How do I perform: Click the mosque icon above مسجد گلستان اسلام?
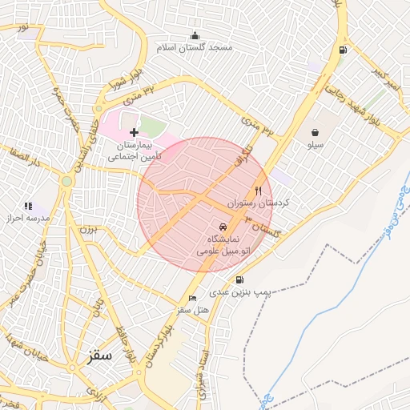click(x=195, y=35)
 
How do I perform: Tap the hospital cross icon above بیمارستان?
click(x=134, y=131)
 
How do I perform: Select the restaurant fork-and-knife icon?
click(x=258, y=191)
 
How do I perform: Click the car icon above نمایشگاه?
click(x=223, y=227)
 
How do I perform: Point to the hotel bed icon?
click(x=182, y=298)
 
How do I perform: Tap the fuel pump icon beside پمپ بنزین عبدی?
click(x=239, y=280)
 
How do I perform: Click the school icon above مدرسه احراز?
click(x=29, y=206)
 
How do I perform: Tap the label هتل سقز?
click(x=193, y=309)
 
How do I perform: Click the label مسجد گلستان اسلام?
click(x=197, y=48)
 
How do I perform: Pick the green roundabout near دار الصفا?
click(x=66, y=182)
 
